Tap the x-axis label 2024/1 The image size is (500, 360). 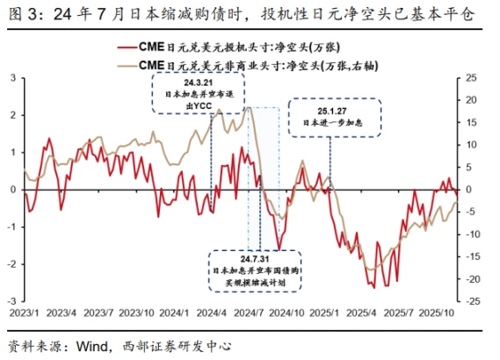(x=177, y=312)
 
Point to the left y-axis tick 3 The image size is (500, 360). (x=12, y=78)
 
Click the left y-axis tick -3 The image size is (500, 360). (x=11, y=300)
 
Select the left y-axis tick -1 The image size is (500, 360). (x=11, y=227)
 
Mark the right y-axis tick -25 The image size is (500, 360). (x=473, y=300)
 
